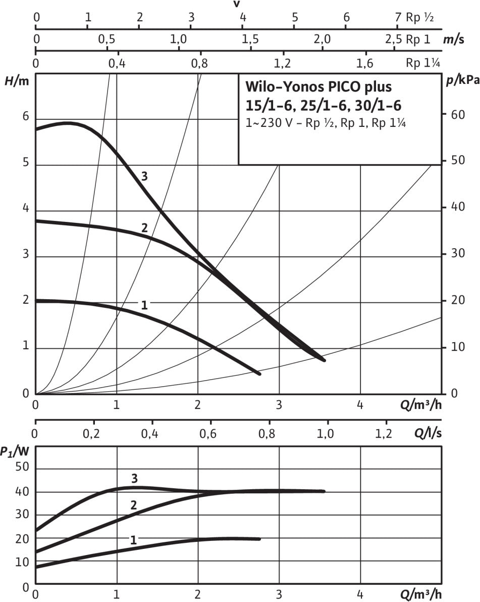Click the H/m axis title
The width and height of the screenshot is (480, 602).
17,81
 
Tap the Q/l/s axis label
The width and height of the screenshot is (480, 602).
428,433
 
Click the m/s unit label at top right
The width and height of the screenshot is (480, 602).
454,39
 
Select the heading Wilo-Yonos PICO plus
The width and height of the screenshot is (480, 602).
318,87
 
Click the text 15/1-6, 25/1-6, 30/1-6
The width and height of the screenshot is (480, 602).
323,105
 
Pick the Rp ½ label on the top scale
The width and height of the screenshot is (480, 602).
420,17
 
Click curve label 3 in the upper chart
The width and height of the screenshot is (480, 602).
144,176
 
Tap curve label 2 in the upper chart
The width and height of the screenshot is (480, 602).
144,227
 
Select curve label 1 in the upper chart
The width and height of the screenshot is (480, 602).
144,305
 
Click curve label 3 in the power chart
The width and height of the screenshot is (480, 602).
134,478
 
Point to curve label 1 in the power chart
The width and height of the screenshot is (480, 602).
133,540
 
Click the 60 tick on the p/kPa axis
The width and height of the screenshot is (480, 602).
458,114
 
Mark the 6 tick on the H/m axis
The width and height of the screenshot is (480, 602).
26,116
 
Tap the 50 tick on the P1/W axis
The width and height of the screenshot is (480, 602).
22,467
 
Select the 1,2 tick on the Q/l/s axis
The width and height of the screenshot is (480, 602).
384,434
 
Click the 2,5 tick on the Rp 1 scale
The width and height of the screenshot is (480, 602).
394,39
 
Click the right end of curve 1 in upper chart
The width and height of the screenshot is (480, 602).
259,374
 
